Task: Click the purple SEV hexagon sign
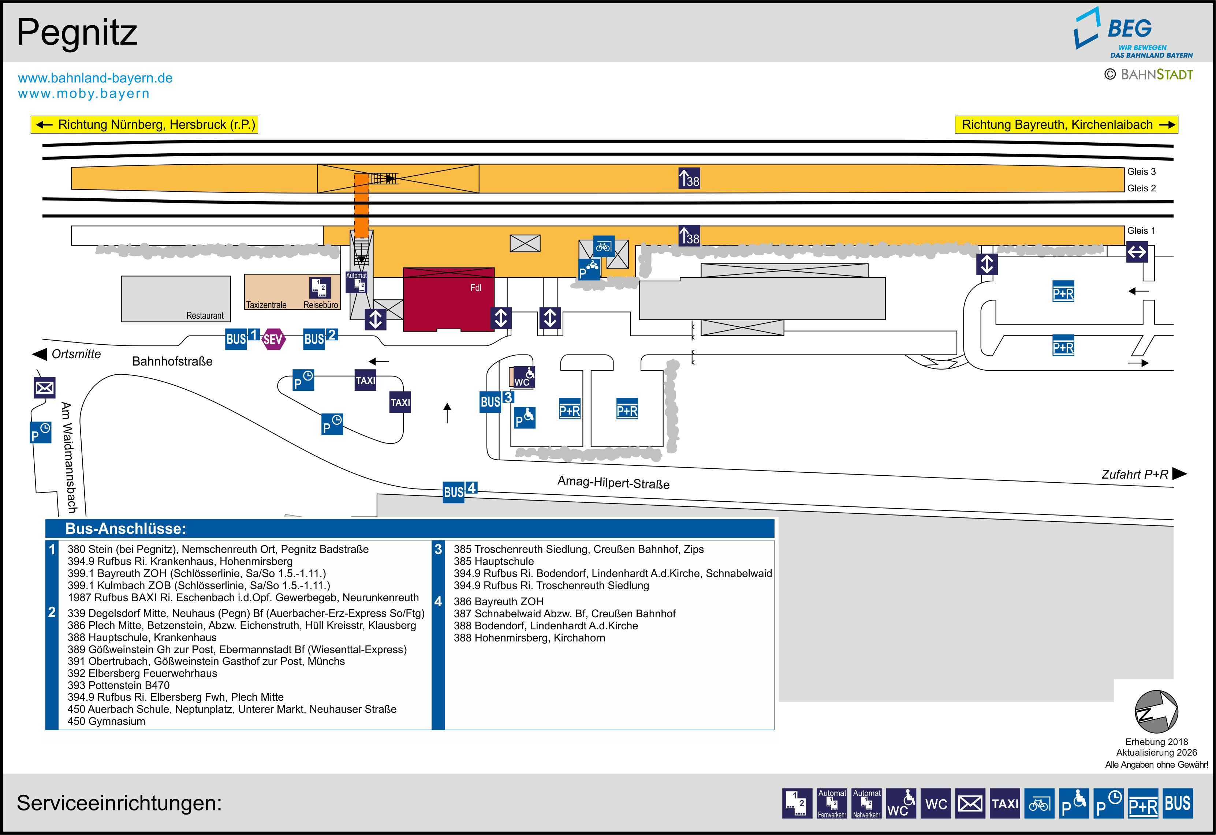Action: pyautogui.click(x=273, y=340)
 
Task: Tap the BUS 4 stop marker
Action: pyautogui.click(x=460, y=492)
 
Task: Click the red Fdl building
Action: pyautogui.click(x=448, y=299)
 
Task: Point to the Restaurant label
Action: pyautogui.click(x=205, y=315)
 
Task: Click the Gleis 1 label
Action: pyautogui.click(x=1141, y=231)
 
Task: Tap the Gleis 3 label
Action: pyautogui.click(x=1141, y=172)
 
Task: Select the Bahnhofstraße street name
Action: pyautogui.click(x=172, y=362)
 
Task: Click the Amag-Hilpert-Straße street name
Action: pyautogui.click(x=613, y=482)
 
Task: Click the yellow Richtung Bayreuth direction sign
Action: pyautogui.click(x=1066, y=124)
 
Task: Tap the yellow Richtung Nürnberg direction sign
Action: pyautogui.click(x=145, y=124)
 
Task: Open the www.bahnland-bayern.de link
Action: pyautogui.click(x=95, y=78)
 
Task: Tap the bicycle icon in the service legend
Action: pyautogui.click(x=1039, y=803)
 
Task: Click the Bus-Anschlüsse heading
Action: pyautogui.click(x=126, y=528)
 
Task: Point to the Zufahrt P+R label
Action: pyautogui.click(x=1135, y=474)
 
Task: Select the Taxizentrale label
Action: pyautogui.click(x=266, y=305)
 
